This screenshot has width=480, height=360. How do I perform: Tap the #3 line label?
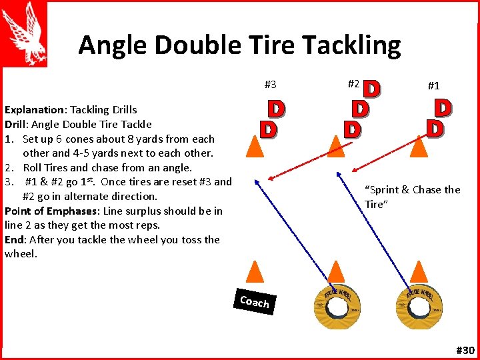point(270,85)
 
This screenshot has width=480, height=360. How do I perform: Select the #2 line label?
point(354,84)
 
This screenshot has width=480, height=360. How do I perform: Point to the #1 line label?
point(433,85)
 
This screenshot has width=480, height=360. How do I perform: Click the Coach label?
point(254,302)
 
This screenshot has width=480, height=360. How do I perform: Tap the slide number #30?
point(465,350)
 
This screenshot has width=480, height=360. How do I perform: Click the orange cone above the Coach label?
point(255,271)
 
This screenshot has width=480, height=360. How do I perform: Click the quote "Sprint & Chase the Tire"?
point(412,197)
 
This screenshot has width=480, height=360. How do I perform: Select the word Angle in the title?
point(113,45)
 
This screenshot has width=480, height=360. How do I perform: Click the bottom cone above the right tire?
point(419,271)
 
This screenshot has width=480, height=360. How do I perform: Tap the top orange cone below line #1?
point(419,145)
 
